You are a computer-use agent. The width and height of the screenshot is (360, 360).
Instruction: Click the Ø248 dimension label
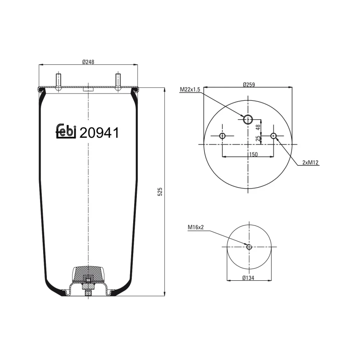(x=88, y=62)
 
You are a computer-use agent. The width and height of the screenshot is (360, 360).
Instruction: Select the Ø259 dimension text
(x=248, y=84)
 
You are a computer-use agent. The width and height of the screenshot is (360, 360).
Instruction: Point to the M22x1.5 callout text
(x=190, y=90)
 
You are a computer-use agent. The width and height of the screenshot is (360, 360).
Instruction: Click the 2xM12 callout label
(x=310, y=163)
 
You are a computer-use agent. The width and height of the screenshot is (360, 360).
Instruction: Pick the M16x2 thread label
(x=196, y=227)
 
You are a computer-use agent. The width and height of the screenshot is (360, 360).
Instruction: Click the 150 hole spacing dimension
(x=252, y=154)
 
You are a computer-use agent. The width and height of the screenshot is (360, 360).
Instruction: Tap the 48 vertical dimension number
(x=259, y=127)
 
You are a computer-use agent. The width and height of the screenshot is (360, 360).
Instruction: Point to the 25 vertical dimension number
(x=259, y=139)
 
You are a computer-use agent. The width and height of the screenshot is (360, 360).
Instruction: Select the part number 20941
(x=99, y=133)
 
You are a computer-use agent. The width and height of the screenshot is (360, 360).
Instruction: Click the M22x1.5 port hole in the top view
(x=248, y=119)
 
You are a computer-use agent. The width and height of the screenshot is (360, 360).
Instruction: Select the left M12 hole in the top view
(x=222, y=136)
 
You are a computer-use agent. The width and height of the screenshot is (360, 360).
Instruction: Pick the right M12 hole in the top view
(x=274, y=136)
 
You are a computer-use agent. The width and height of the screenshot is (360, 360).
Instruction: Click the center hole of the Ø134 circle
(x=248, y=246)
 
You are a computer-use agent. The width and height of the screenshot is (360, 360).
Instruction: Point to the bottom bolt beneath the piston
(x=88, y=295)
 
